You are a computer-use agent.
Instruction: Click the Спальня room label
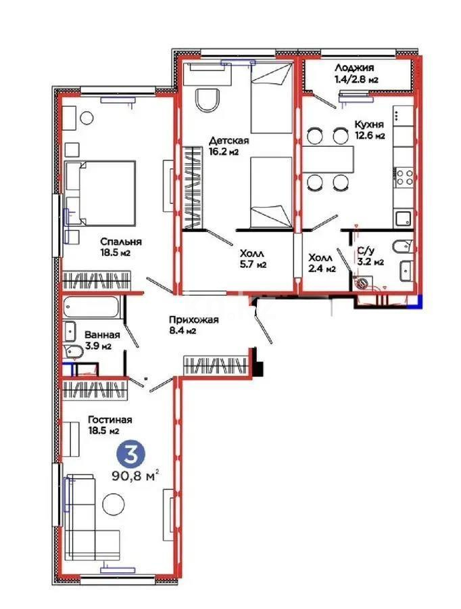click(x=120, y=241)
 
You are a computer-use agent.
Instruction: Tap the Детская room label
click(x=228, y=141)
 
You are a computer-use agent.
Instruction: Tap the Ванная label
click(x=102, y=335)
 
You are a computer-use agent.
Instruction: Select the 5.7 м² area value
click(x=251, y=265)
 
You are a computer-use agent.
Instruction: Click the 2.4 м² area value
click(x=321, y=269)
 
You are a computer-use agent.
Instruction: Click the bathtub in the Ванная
click(x=93, y=309)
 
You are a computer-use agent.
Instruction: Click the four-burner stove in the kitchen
click(x=404, y=177)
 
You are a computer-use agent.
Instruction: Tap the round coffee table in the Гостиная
click(x=113, y=504)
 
